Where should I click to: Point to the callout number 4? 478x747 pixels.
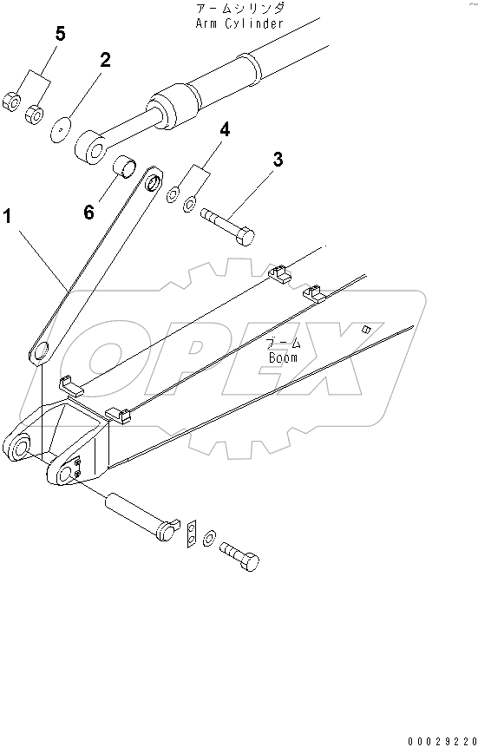pyautogui.click(x=225, y=130)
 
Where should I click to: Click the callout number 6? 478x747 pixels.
pyautogui.click(x=89, y=211)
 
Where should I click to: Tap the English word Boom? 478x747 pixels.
pyautogui.click(x=283, y=356)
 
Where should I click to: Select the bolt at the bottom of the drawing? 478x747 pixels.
pyautogui.click(x=239, y=554)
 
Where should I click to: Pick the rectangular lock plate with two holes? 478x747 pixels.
pyautogui.click(x=192, y=534)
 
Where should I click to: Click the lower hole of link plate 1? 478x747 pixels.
pyautogui.click(x=39, y=352)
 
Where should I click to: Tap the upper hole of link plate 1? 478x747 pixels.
pyautogui.click(x=154, y=182)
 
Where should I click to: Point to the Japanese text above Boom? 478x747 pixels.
pyautogui.click(x=283, y=342)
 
